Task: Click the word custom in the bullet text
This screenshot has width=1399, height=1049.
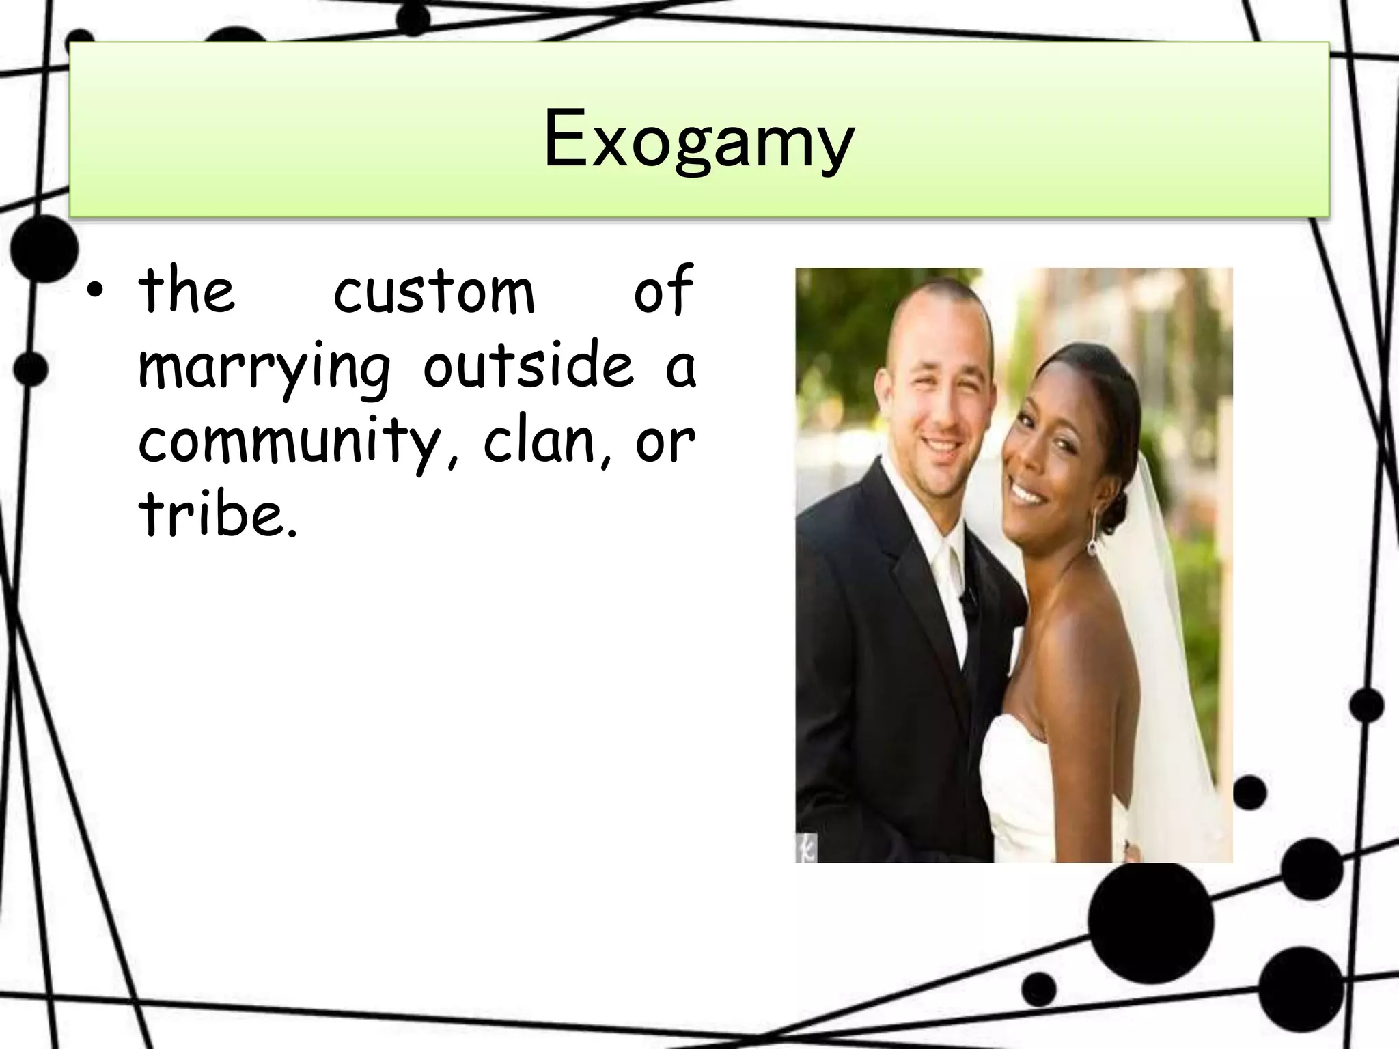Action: (434, 292)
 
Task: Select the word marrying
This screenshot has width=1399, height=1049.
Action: (264, 369)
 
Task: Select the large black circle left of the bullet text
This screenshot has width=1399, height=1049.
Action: (42, 248)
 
